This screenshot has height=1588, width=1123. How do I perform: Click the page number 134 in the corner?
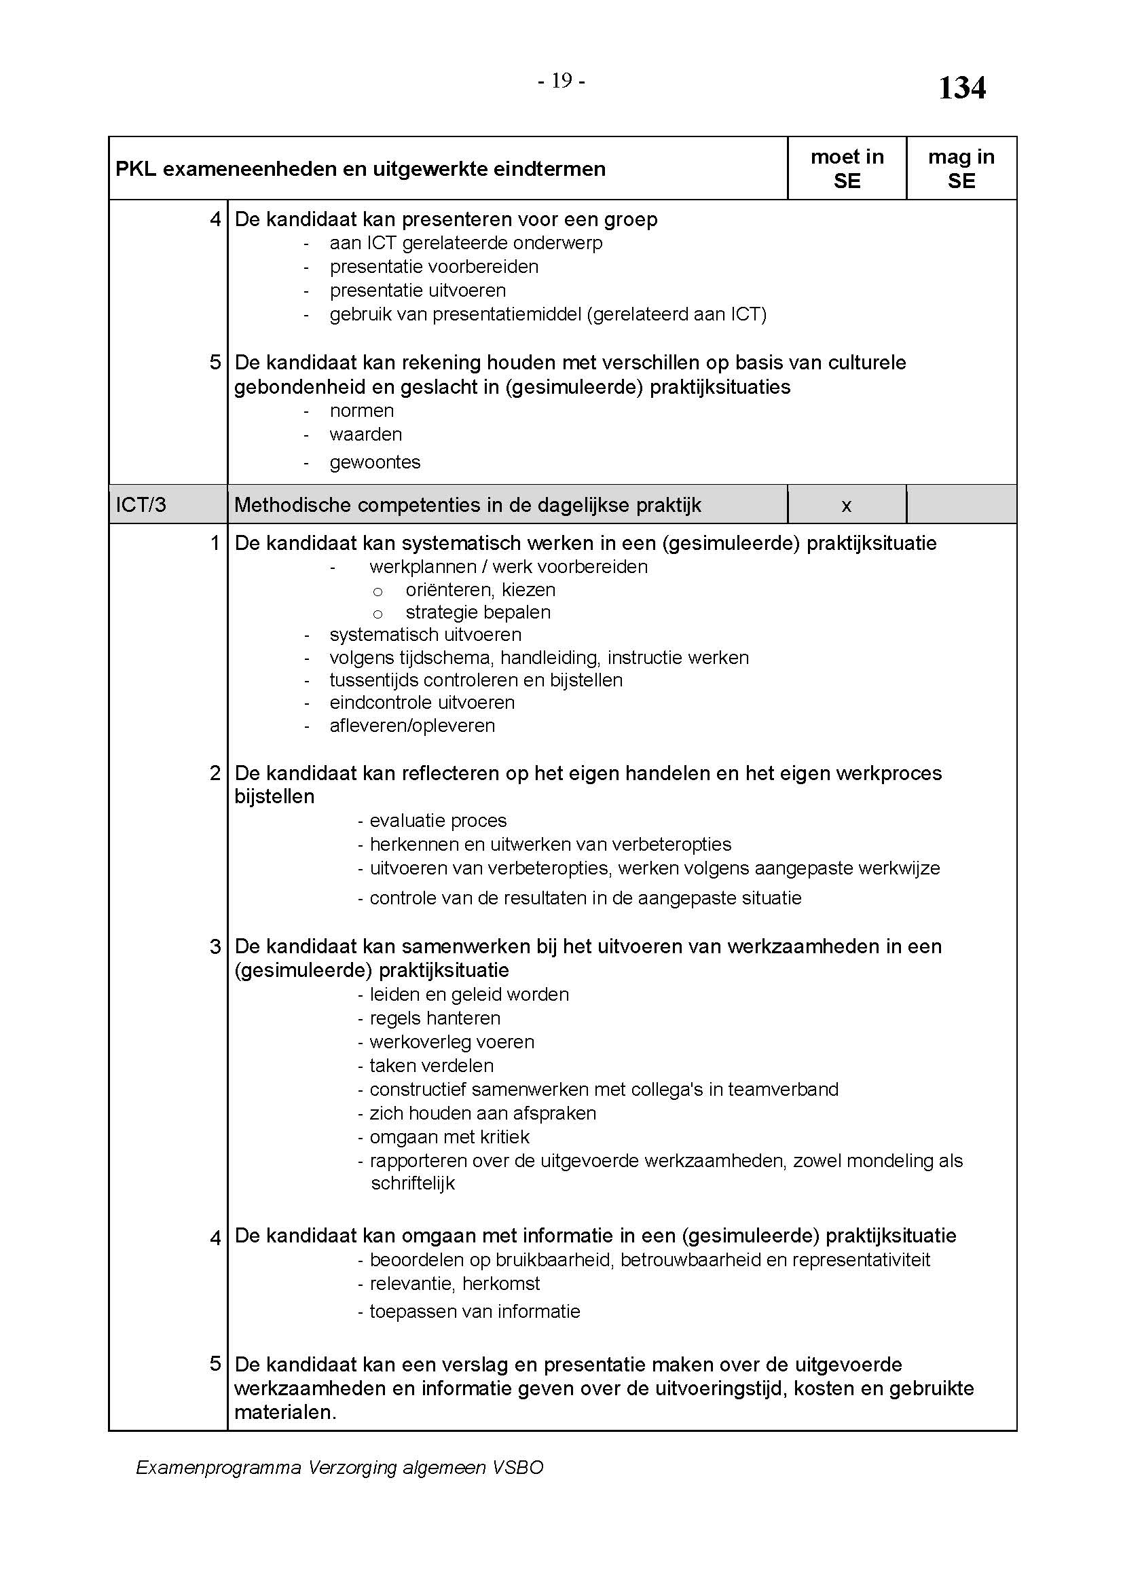click(x=961, y=88)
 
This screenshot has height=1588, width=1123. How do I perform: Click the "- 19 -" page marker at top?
click(x=561, y=81)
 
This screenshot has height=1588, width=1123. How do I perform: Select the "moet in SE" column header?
click(x=847, y=169)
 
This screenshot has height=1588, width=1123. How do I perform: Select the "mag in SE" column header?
click(x=961, y=169)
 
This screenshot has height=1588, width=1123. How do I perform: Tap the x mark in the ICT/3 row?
click(x=846, y=506)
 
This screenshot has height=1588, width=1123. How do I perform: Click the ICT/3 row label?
click(x=141, y=505)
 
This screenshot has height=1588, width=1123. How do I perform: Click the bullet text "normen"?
click(x=362, y=411)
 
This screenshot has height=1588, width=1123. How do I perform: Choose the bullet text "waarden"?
click(x=366, y=435)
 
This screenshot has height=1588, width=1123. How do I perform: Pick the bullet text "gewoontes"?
click(x=375, y=462)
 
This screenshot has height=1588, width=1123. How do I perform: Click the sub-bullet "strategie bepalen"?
click(x=478, y=612)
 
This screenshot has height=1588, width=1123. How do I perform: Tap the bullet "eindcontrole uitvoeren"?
click(x=422, y=703)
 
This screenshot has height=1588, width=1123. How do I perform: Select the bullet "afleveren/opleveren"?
click(x=412, y=726)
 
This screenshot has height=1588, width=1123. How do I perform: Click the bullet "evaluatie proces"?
click(x=438, y=821)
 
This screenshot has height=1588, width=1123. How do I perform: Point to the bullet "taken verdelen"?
click(x=432, y=1066)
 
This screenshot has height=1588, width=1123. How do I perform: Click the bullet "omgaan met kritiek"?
click(x=449, y=1137)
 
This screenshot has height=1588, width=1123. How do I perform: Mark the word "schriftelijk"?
click(x=413, y=1183)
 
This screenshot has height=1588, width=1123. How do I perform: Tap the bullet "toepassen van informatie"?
click(x=475, y=1312)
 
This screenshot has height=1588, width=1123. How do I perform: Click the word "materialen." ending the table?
click(x=285, y=1412)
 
